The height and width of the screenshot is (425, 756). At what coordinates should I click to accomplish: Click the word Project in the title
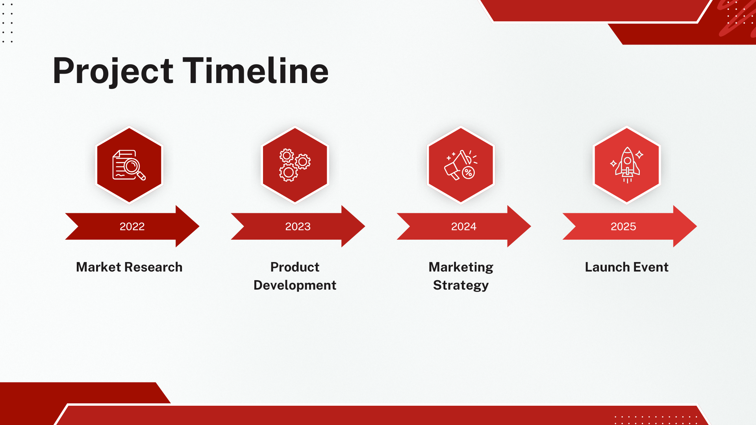pyautogui.click(x=113, y=72)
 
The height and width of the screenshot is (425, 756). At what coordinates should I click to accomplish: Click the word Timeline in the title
pyautogui.click(x=256, y=71)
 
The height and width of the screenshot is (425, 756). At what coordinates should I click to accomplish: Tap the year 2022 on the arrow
pyautogui.click(x=132, y=226)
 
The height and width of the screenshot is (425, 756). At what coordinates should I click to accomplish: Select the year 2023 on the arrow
pyautogui.click(x=298, y=226)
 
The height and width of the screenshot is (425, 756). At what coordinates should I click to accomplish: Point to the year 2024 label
pyautogui.click(x=463, y=226)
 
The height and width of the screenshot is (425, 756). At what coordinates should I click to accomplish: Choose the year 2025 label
pyautogui.click(x=623, y=226)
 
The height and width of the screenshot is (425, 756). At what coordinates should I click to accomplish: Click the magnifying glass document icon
pyautogui.click(x=129, y=165)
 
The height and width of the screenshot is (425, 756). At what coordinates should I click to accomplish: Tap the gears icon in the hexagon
pyautogui.click(x=295, y=165)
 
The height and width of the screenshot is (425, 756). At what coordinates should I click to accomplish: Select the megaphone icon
pyautogui.click(x=461, y=165)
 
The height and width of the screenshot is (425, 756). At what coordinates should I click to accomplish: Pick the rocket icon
pyautogui.click(x=627, y=165)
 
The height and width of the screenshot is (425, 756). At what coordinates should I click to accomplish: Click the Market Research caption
pyautogui.click(x=129, y=267)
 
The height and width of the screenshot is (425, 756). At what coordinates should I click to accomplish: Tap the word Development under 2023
pyautogui.click(x=295, y=285)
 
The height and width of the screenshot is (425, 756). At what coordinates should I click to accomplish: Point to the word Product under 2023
pyautogui.click(x=295, y=267)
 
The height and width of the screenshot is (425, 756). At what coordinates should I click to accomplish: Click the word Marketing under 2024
pyautogui.click(x=461, y=268)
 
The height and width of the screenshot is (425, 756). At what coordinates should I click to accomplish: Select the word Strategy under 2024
pyautogui.click(x=461, y=286)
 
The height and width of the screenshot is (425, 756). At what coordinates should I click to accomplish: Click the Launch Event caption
pyautogui.click(x=627, y=267)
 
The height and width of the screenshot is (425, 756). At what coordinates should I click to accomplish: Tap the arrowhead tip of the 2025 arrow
pyautogui.click(x=697, y=226)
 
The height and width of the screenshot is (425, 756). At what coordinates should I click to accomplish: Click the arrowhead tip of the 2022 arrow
pyautogui.click(x=199, y=226)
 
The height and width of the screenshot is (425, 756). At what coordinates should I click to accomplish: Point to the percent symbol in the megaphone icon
pyautogui.click(x=468, y=172)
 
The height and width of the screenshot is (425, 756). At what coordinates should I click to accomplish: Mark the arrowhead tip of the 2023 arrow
pyautogui.click(x=365, y=226)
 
